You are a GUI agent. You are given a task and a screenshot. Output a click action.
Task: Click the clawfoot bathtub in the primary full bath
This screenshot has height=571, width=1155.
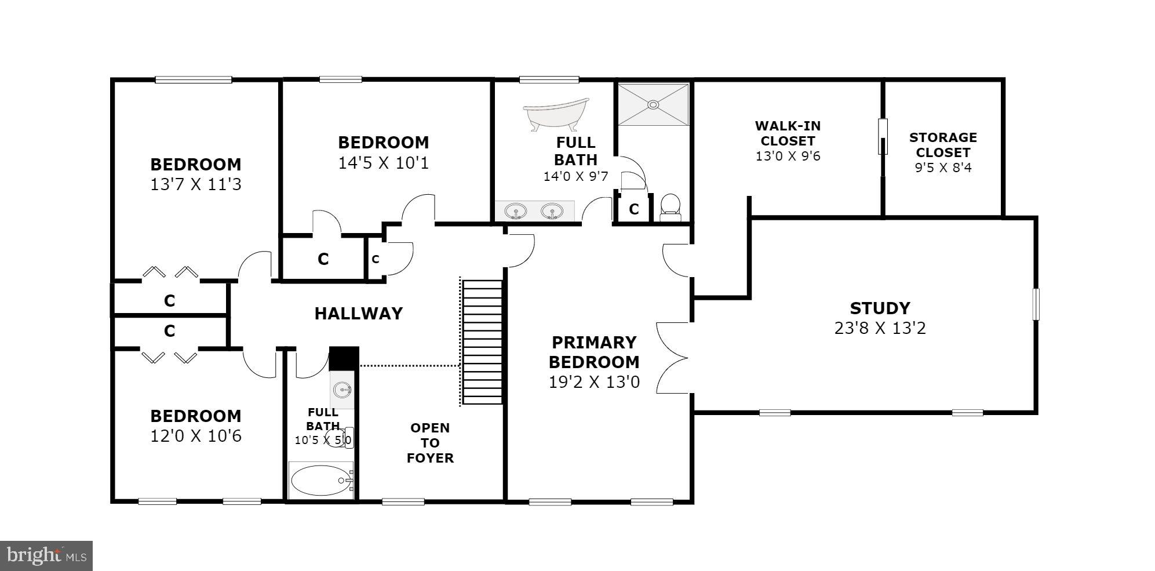tap(555, 115)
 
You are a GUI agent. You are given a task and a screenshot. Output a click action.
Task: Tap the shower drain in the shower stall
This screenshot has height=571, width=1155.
tap(653, 105)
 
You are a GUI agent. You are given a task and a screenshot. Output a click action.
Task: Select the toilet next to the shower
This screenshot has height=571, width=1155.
tap(671, 207)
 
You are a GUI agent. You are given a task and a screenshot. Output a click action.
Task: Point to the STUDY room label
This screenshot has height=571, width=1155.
tap(880, 308)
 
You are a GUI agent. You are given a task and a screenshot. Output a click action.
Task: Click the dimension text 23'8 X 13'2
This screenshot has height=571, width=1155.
tap(880, 328)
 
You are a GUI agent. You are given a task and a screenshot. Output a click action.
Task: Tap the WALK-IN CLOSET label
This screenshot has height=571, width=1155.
tap(788, 133)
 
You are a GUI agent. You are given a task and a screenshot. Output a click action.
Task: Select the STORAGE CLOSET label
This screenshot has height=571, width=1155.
tap(943, 145)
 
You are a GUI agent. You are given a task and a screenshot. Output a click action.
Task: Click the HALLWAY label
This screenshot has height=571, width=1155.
tap(358, 314)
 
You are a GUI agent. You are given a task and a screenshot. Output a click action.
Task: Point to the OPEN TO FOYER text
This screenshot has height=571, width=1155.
tap(429, 443)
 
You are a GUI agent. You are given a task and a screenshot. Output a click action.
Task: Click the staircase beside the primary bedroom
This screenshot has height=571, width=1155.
tap(482, 342)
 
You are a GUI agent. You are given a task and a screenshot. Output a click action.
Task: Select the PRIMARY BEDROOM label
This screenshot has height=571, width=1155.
tap(594, 352)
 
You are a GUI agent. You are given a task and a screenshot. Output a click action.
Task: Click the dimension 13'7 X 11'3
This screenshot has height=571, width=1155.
tap(195, 184)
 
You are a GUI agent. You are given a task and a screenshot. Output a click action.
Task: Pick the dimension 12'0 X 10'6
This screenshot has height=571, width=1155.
tap(195, 436)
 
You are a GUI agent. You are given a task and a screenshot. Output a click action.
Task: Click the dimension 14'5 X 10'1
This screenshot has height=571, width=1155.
tap(383, 163)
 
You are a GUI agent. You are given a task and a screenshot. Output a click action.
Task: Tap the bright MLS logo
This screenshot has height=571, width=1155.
tap(46, 556)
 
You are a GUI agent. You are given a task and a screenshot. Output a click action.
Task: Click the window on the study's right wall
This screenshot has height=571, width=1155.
tap(1036, 304)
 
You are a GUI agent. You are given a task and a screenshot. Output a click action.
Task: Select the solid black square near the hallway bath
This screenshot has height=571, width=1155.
tap(344, 358)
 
